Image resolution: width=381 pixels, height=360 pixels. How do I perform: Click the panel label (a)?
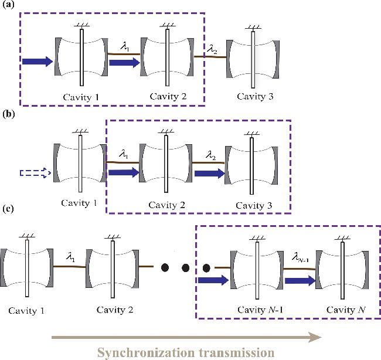(x=8, y=5)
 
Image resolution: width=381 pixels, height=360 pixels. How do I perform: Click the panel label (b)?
(x=9, y=114)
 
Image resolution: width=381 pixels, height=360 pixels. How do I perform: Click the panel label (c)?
(x=8, y=209)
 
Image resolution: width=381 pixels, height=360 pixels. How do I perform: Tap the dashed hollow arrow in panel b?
(x=35, y=173)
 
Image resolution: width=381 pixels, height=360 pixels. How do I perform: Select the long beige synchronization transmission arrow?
(x=186, y=337)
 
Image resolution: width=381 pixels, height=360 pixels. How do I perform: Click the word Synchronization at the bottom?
(x=146, y=353)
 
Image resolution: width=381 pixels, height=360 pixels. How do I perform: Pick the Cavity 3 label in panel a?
(x=255, y=97)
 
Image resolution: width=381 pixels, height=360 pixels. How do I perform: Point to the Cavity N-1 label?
(x=260, y=310)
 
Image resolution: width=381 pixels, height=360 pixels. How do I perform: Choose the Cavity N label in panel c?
(x=346, y=310)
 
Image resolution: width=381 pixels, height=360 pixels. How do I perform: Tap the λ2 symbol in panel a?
(x=212, y=50)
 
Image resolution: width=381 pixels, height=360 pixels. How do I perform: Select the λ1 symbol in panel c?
(x=70, y=257)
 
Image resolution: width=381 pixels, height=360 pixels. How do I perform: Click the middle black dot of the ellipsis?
(x=186, y=268)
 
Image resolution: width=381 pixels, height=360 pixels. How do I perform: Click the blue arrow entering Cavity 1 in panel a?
(x=38, y=61)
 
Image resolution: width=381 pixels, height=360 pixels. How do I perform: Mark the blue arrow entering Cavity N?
(x=300, y=281)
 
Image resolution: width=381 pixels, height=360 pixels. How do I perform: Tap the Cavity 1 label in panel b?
(x=79, y=203)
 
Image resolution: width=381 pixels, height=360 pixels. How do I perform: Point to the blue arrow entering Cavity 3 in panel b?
(x=210, y=174)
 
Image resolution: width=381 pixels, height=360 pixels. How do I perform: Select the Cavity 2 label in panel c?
(x=115, y=310)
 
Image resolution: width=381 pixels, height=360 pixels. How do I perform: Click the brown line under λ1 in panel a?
(x=124, y=54)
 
